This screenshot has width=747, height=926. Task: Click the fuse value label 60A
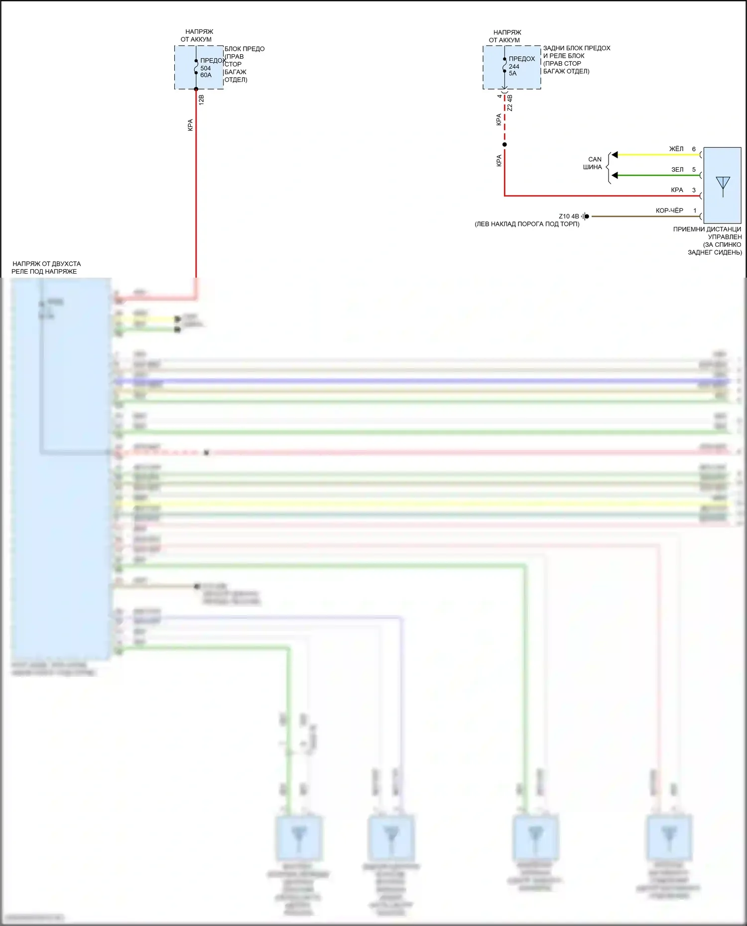click(206, 75)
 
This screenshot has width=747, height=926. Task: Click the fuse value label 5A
click(512, 73)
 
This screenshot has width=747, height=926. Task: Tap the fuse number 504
click(205, 68)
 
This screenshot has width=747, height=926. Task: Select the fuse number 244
click(514, 66)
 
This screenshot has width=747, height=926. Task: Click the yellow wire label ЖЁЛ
click(676, 149)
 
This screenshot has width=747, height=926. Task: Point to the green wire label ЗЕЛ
click(677, 170)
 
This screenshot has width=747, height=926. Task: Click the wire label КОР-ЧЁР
click(669, 210)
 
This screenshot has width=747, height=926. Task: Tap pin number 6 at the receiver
click(694, 149)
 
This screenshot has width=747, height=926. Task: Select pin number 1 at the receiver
click(695, 210)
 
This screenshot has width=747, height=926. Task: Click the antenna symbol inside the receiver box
click(723, 185)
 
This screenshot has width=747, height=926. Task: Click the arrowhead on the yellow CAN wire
click(615, 155)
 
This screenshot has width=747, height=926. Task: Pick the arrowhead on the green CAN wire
click(615, 176)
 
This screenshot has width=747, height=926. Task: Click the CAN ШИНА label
click(593, 163)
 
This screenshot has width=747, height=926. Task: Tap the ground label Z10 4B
click(569, 216)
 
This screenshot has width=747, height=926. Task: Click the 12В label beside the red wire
click(202, 100)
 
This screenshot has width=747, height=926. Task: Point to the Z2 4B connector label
click(509, 103)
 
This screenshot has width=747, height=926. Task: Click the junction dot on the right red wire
click(504, 145)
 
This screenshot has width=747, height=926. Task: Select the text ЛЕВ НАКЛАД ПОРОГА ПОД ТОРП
click(527, 224)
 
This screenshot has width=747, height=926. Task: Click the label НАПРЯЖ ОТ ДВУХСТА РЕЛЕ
click(46, 268)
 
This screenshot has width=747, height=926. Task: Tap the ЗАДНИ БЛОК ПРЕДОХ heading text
click(576, 48)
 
